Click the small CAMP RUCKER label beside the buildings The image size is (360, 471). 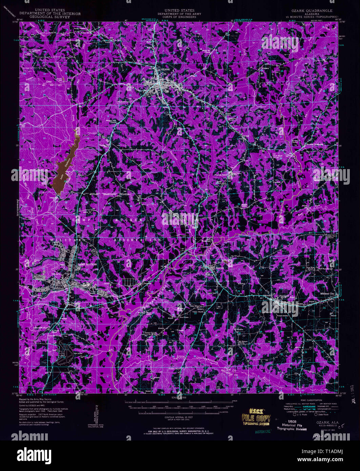click(x=85, y=264)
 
